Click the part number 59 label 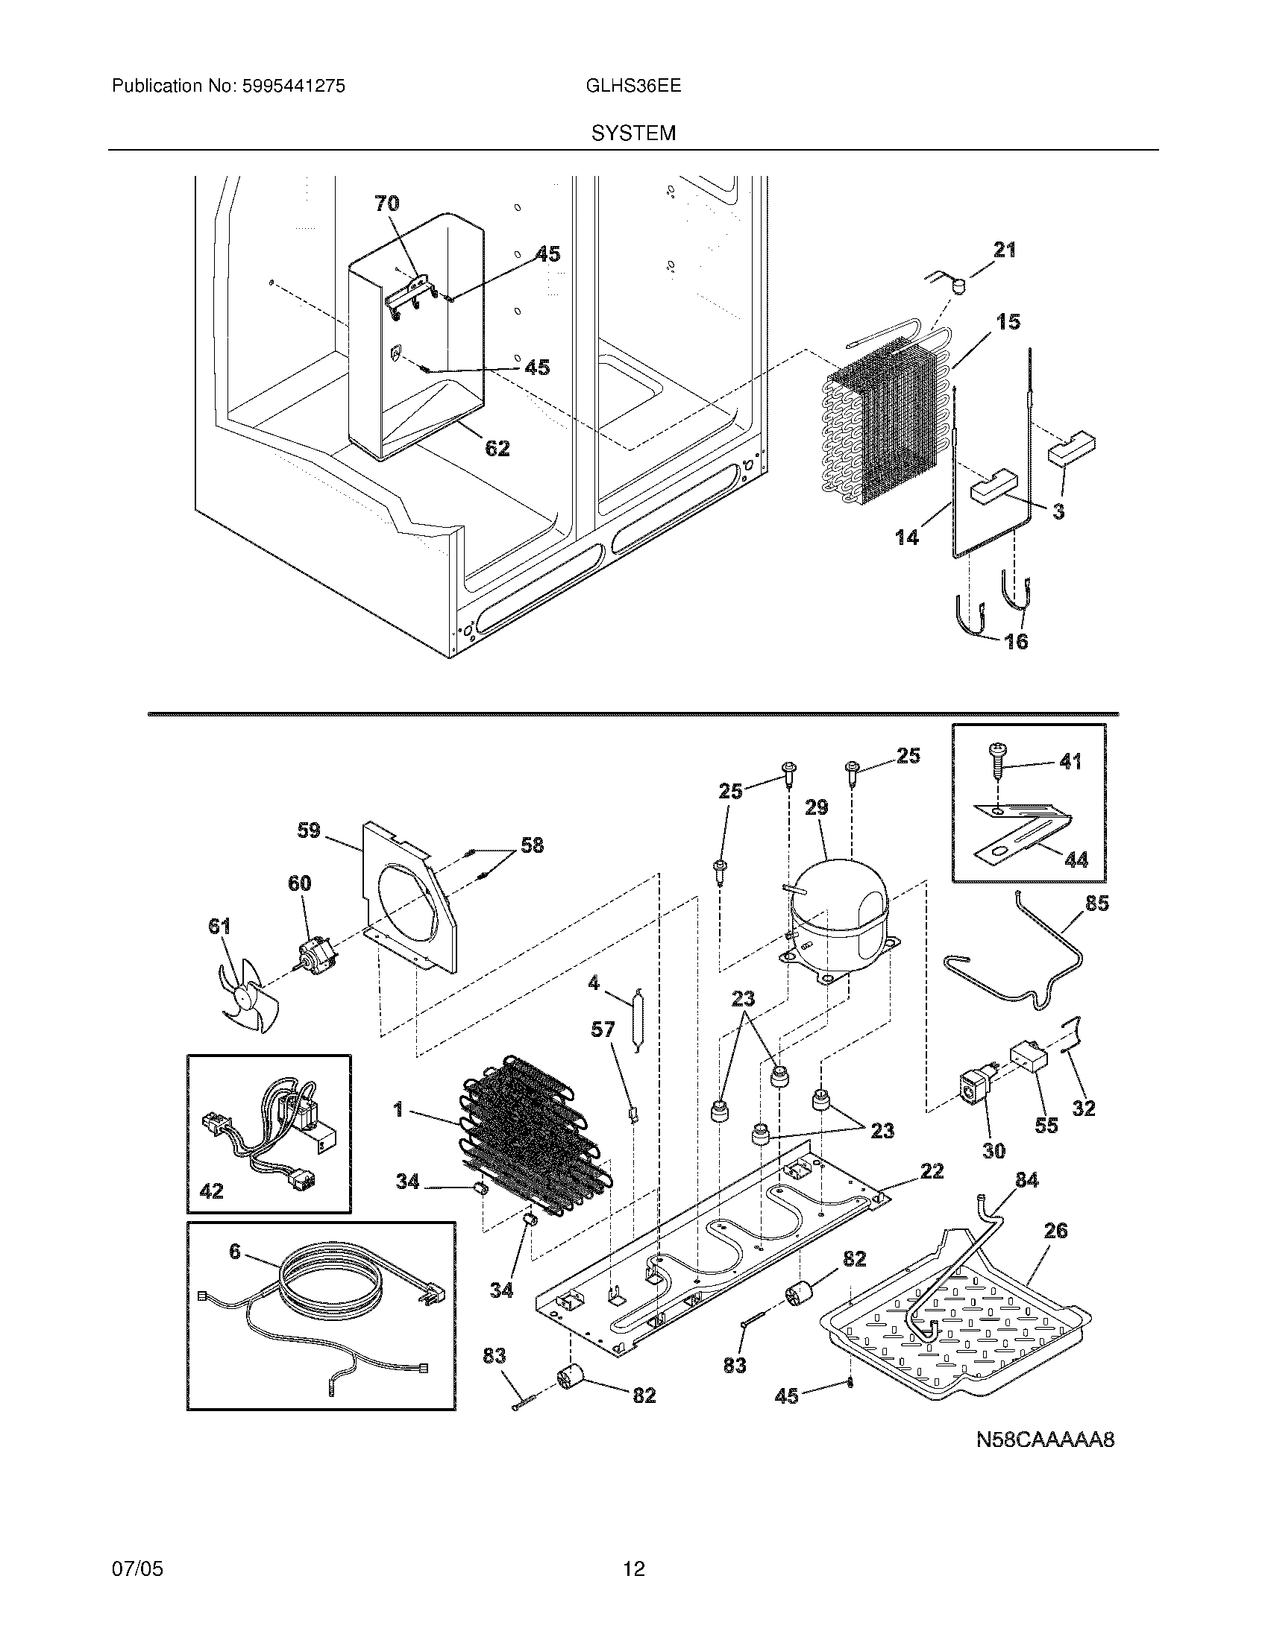(309, 830)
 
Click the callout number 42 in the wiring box (211, 1191)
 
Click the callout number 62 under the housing (497, 448)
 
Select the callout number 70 (387, 203)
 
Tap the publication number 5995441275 (294, 86)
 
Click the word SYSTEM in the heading (633, 133)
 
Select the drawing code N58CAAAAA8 (1045, 1439)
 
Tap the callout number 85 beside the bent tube (1096, 903)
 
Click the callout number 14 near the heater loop (907, 537)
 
